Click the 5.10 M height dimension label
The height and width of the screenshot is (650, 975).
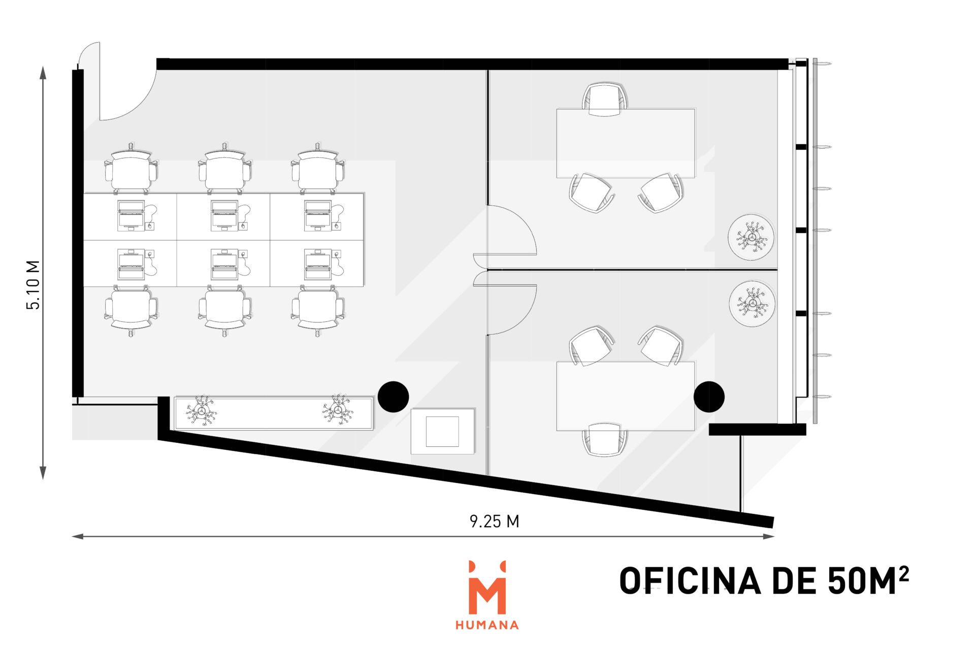coord(33,285)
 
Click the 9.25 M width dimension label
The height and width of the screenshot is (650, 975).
coord(494,522)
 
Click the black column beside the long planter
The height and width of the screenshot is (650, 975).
coord(393,397)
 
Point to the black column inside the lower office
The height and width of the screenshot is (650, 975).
coord(709,397)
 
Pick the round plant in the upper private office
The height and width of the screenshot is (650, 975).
coord(751,238)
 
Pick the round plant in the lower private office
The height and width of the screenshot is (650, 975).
coord(752,304)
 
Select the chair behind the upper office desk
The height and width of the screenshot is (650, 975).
coord(604,99)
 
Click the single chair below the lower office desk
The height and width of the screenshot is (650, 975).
coord(604,439)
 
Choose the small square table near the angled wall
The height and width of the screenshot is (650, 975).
coord(442,431)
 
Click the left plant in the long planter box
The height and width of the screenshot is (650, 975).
coord(202,410)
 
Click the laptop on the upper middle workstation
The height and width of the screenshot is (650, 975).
coord(224,215)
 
